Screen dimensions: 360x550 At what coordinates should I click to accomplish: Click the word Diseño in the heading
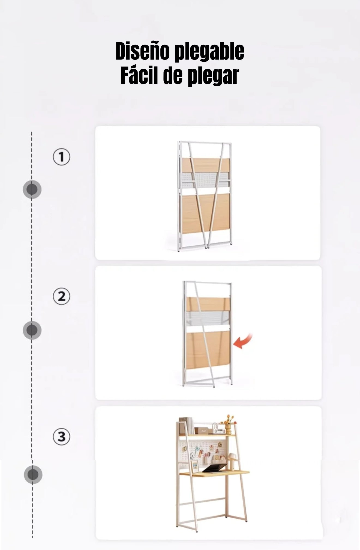click(143, 51)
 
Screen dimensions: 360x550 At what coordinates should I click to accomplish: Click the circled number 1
click(61, 157)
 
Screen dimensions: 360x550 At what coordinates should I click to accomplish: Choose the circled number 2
click(61, 296)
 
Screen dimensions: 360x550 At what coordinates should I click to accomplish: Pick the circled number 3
click(61, 437)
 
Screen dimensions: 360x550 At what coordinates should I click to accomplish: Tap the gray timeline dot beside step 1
click(32, 189)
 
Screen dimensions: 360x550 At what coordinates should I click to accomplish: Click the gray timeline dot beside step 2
click(32, 330)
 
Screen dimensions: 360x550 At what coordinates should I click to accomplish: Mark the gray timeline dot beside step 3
click(33, 475)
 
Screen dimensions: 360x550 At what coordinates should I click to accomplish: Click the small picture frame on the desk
click(195, 467)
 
